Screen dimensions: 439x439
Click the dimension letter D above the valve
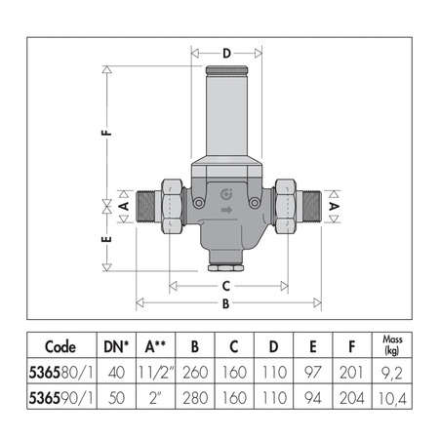[x=226, y=54]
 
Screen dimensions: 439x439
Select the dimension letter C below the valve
[x=226, y=286]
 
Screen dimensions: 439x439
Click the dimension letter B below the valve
[x=226, y=304]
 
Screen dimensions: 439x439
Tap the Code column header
[x=61, y=346]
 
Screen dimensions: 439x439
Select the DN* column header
[x=114, y=346]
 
